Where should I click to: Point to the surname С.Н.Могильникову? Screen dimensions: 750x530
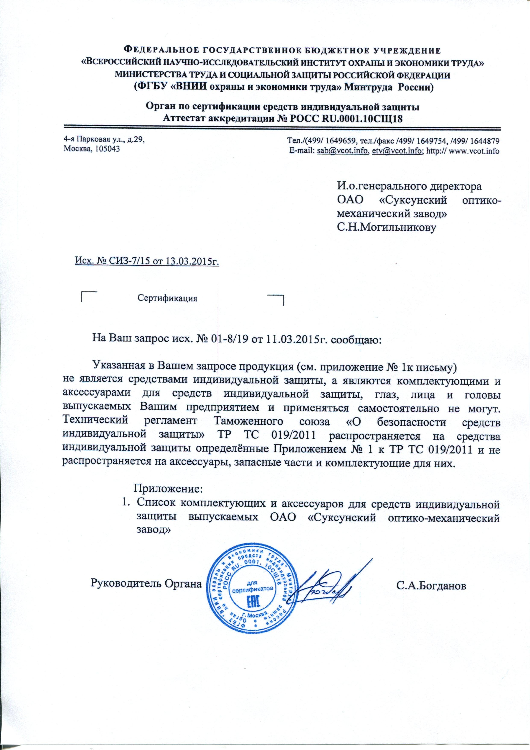387,228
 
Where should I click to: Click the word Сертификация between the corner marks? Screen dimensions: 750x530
167,298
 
